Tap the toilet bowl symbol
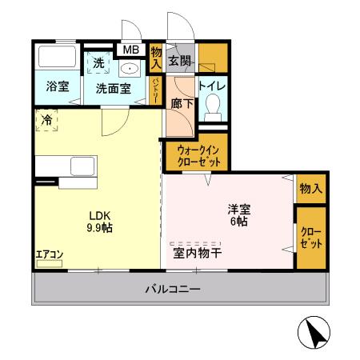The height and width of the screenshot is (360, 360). (213, 105)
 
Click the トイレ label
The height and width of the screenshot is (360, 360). (210, 85)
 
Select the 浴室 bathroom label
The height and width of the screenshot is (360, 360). (56, 86)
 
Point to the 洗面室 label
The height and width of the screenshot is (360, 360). (114, 88)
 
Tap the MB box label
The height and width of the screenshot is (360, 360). (130, 50)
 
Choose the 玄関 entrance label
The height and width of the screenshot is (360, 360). (180, 61)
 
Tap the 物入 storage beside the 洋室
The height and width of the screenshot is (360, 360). (310, 189)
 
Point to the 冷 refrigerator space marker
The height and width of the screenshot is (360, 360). (46, 120)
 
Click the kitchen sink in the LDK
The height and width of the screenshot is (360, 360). (83, 167)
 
